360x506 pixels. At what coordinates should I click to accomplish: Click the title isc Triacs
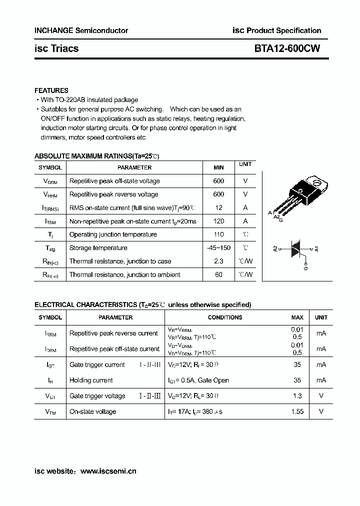point(56,48)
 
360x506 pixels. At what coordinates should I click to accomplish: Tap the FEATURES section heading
point(51,90)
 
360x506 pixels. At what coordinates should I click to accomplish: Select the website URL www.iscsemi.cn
point(108,470)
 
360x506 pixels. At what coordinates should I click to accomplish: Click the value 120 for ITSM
point(218,221)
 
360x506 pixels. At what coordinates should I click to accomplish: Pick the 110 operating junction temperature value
point(218,234)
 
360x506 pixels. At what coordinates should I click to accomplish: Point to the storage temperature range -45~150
point(218,248)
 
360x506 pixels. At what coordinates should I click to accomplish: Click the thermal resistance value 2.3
point(218,261)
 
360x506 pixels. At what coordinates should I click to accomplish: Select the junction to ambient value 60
point(218,274)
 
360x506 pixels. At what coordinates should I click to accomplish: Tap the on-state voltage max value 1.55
point(297,411)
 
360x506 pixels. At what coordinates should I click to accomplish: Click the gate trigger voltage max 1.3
point(297,396)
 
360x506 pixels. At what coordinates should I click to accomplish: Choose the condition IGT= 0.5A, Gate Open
point(198,380)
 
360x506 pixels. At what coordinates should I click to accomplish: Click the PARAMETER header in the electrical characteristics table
point(115,317)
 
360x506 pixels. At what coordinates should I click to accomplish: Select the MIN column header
point(218,167)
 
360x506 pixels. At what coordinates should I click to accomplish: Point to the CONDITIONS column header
point(225,317)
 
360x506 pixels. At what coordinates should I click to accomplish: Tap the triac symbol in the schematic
point(295,248)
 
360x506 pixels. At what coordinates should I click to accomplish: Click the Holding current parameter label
point(91,380)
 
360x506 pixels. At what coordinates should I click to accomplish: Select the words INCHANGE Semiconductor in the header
point(81,30)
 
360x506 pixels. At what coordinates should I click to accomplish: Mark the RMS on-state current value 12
point(218,207)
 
